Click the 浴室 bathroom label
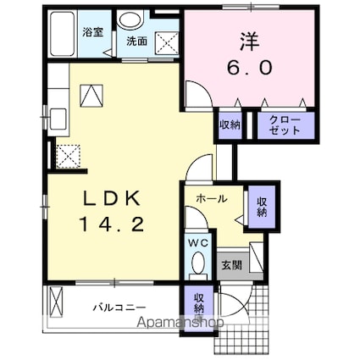92,32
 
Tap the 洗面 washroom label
136,42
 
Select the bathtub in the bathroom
63,34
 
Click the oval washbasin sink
130,20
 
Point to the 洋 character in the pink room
250,42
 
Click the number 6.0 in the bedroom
250,68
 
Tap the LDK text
112,198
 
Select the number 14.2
113,224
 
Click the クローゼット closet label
285,125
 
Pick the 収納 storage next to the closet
230,125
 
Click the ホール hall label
212,199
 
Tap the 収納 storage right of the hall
262,207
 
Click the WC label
198,242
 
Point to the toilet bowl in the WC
198,263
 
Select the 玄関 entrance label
231,265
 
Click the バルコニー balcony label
120,307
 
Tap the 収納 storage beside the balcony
198,304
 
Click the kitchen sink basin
58,119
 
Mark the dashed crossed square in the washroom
167,42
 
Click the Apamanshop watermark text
180,322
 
